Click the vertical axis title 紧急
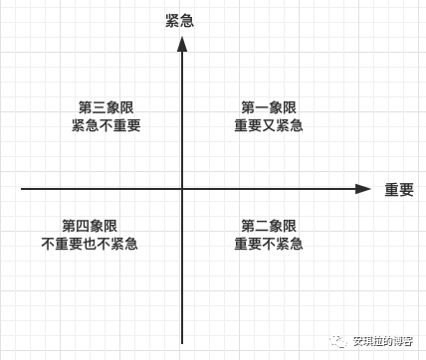[x=179, y=20]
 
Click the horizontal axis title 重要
[x=398, y=189]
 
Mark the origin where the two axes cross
[x=181, y=188]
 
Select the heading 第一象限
[x=269, y=107]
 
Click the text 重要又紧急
[x=269, y=126]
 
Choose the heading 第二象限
[x=269, y=226]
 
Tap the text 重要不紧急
[x=269, y=245]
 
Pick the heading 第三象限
[x=106, y=107]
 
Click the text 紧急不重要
[x=106, y=126]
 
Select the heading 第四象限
[x=90, y=226]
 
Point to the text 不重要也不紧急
[x=90, y=245]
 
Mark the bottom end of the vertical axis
[x=181, y=343]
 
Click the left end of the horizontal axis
[x=22, y=188]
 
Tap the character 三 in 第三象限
[x=99, y=107]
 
